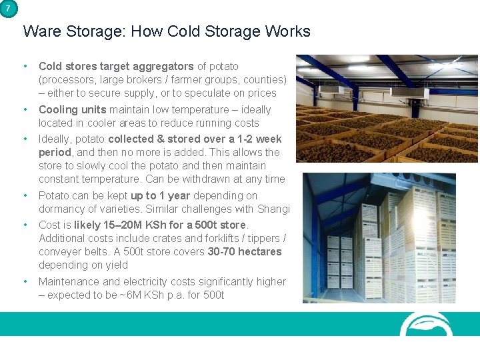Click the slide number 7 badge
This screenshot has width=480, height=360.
[x=7, y=7]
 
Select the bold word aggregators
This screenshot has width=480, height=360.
[x=163, y=66]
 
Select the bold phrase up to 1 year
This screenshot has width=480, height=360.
[x=160, y=195]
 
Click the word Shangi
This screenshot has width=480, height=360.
[x=273, y=209]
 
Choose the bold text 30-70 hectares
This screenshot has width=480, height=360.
[x=245, y=251]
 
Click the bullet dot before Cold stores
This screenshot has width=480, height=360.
[x=25, y=66]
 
